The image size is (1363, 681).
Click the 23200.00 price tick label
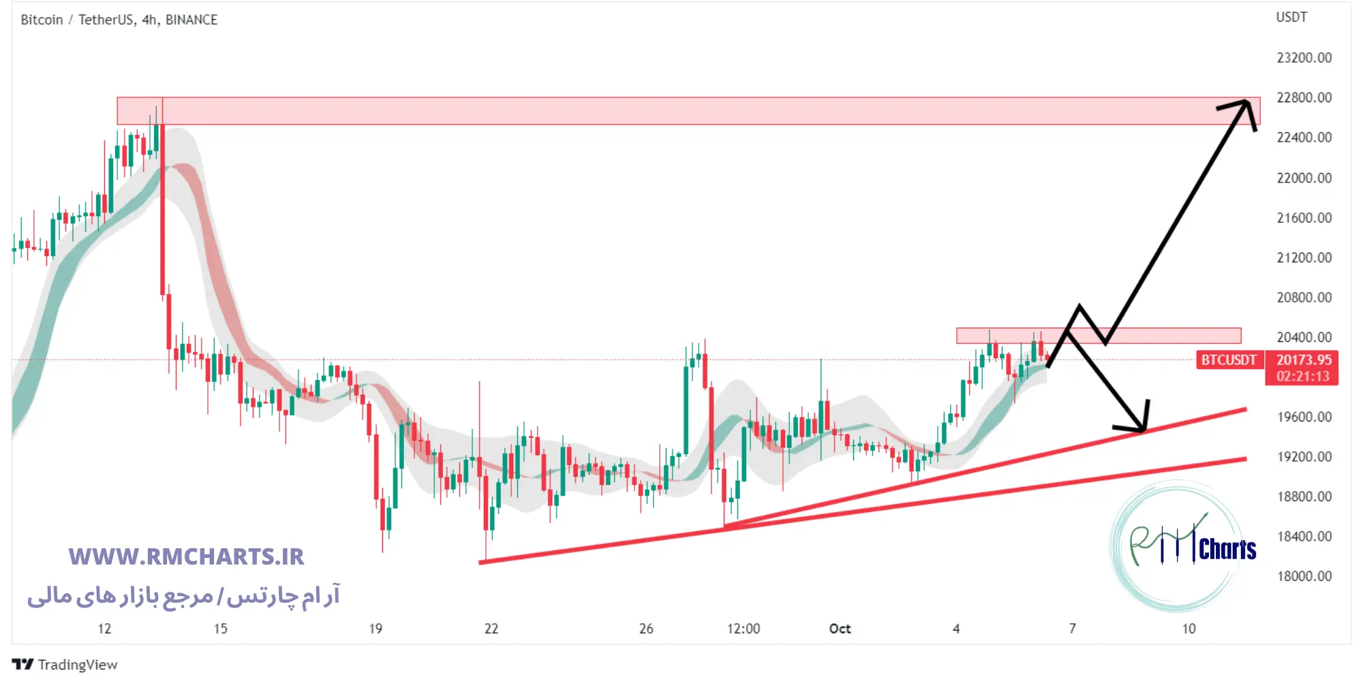[x=1304, y=58]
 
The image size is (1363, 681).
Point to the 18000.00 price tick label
[x=1304, y=576]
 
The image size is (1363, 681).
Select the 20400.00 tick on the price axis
[x=1304, y=337]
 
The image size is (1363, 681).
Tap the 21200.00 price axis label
[x=1304, y=257]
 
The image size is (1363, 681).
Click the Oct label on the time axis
[x=840, y=629]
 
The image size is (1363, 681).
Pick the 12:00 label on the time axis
[x=743, y=629]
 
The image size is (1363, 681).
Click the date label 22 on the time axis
[x=491, y=629]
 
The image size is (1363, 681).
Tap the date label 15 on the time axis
[x=220, y=629]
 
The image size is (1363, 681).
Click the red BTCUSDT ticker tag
[x=1229, y=360]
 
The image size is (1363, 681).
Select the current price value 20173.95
[x=1304, y=360]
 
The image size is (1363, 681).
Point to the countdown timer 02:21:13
[x=1303, y=376]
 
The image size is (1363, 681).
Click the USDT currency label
[x=1291, y=17]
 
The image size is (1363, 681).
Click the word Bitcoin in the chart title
[x=42, y=20]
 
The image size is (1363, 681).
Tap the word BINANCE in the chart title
[x=192, y=20]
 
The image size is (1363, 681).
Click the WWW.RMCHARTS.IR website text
[x=186, y=556]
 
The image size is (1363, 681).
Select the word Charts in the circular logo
[x=1227, y=549]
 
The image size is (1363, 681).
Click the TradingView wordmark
[x=77, y=665]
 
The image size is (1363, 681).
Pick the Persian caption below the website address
[x=183, y=596]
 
